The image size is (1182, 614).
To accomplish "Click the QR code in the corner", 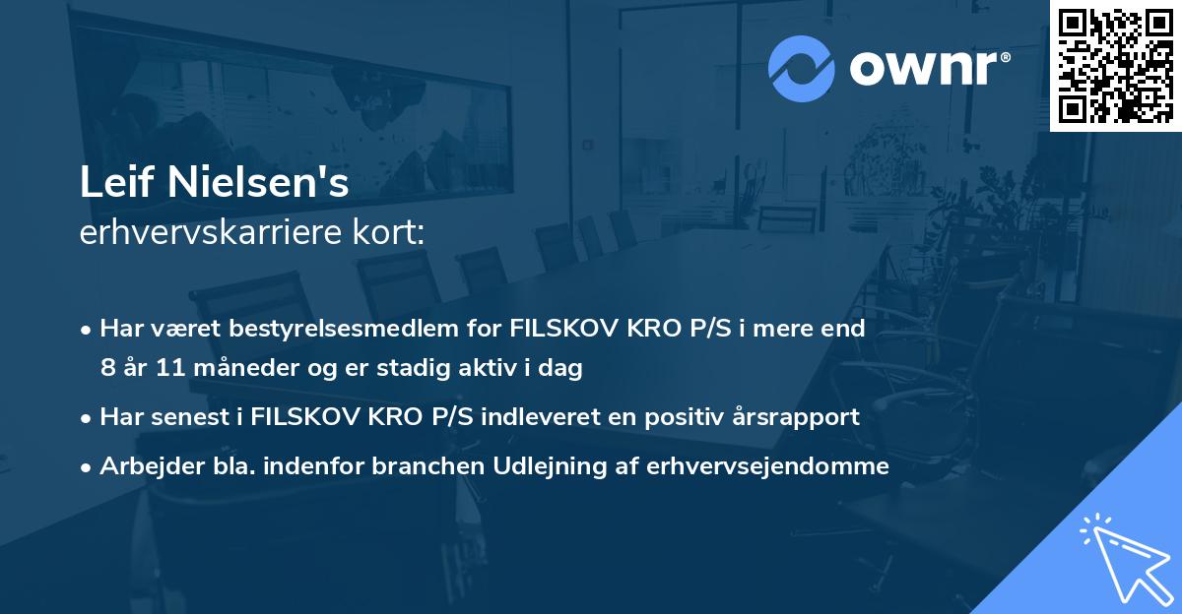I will point(1115,66).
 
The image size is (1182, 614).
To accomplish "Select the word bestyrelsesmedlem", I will point(332,329).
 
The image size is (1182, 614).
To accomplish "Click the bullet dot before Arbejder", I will point(88,467).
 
